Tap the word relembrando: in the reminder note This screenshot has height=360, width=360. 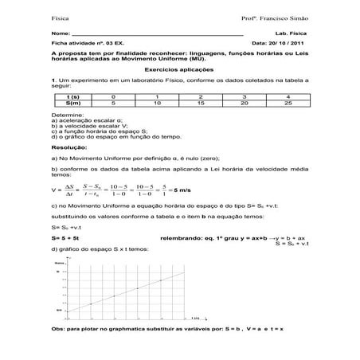[x=181, y=237]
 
